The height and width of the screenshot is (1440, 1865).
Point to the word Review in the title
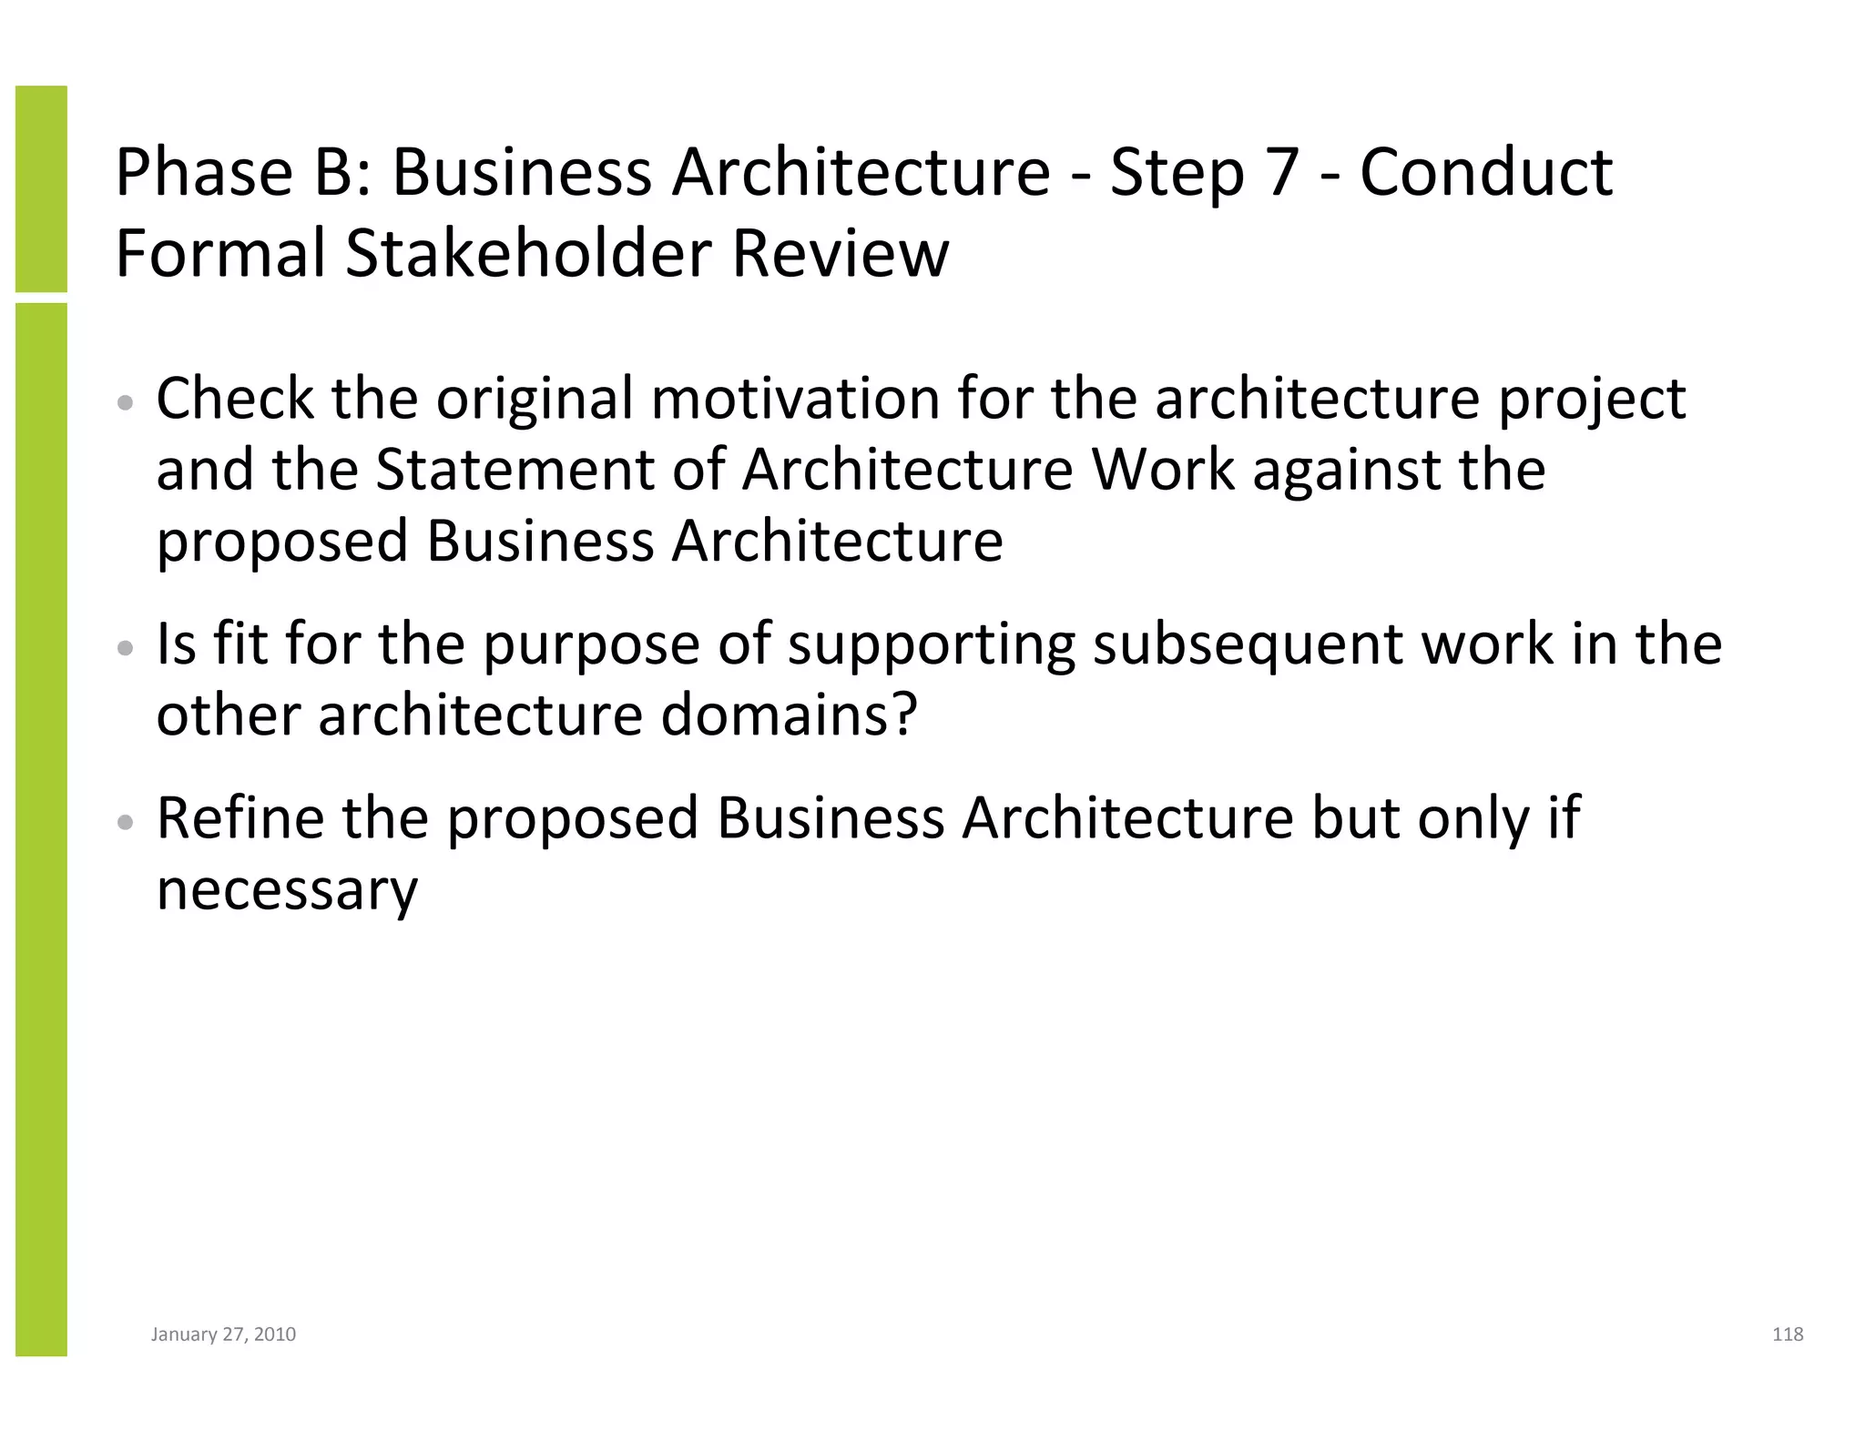click(840, 253)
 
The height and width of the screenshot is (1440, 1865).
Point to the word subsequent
click(1248, 644)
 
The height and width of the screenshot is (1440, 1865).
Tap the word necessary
click(287, 890)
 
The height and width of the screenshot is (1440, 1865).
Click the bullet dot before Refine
click(127, 822)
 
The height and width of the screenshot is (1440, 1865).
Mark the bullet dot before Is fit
click(127, 648)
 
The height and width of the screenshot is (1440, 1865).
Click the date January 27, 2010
click(223, 1334)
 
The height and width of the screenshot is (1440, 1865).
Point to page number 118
click(1788, 1334)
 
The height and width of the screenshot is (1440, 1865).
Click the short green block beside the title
click(41, 188)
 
